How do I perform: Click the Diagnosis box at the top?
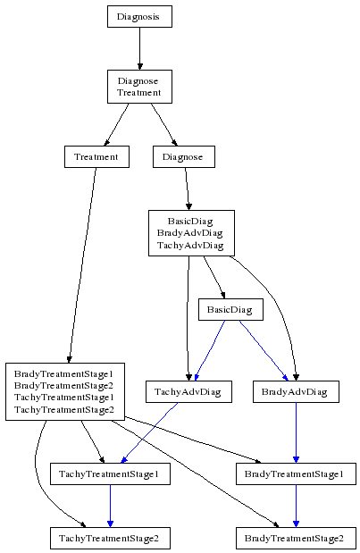pyautogui.click(x=139, y=16)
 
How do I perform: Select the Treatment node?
pyautogui.click(x=96, y=156)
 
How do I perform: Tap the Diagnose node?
pyautogui.click(x=184, y=156)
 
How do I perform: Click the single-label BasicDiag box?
pyautogui.click(x=230, y=310)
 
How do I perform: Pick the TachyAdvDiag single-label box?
pyautogui.click(x=188, y=391)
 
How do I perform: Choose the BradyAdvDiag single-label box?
pyautogui.click(x=296, y=391)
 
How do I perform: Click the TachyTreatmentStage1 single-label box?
pyautogui.click(x=110, y=473)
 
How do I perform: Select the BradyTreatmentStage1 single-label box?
pyautogui.click(x=296, y=473)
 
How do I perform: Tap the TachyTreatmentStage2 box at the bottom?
pyautogui.click(x=110, y=538)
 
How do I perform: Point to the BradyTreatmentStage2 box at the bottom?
pyautogui.click(x=296, y=538)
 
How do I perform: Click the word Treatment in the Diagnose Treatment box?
pyautogui.click(x=139, y=93)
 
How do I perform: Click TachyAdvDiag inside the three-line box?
pyautogui.click(x=190, y=245)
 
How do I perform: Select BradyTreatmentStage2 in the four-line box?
pyautogui.click(x=63, y=385)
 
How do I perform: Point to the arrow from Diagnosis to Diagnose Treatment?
pyautogui.click(x=139, y=48)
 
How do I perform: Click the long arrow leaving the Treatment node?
pyautogui.click(x=82, y=265)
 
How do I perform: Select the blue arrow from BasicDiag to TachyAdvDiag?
pyautogui.click(x=209, y=350)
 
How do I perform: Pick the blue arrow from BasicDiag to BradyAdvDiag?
pyautogui.click(x=264, y=350)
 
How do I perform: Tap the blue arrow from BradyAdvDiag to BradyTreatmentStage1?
pyautogui.click(x=296, y=432)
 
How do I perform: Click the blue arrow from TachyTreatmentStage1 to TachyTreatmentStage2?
pyautogui.click(x=110, y=506)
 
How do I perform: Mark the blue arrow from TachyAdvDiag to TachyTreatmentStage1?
pyautogui.click(x=149, y=432)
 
